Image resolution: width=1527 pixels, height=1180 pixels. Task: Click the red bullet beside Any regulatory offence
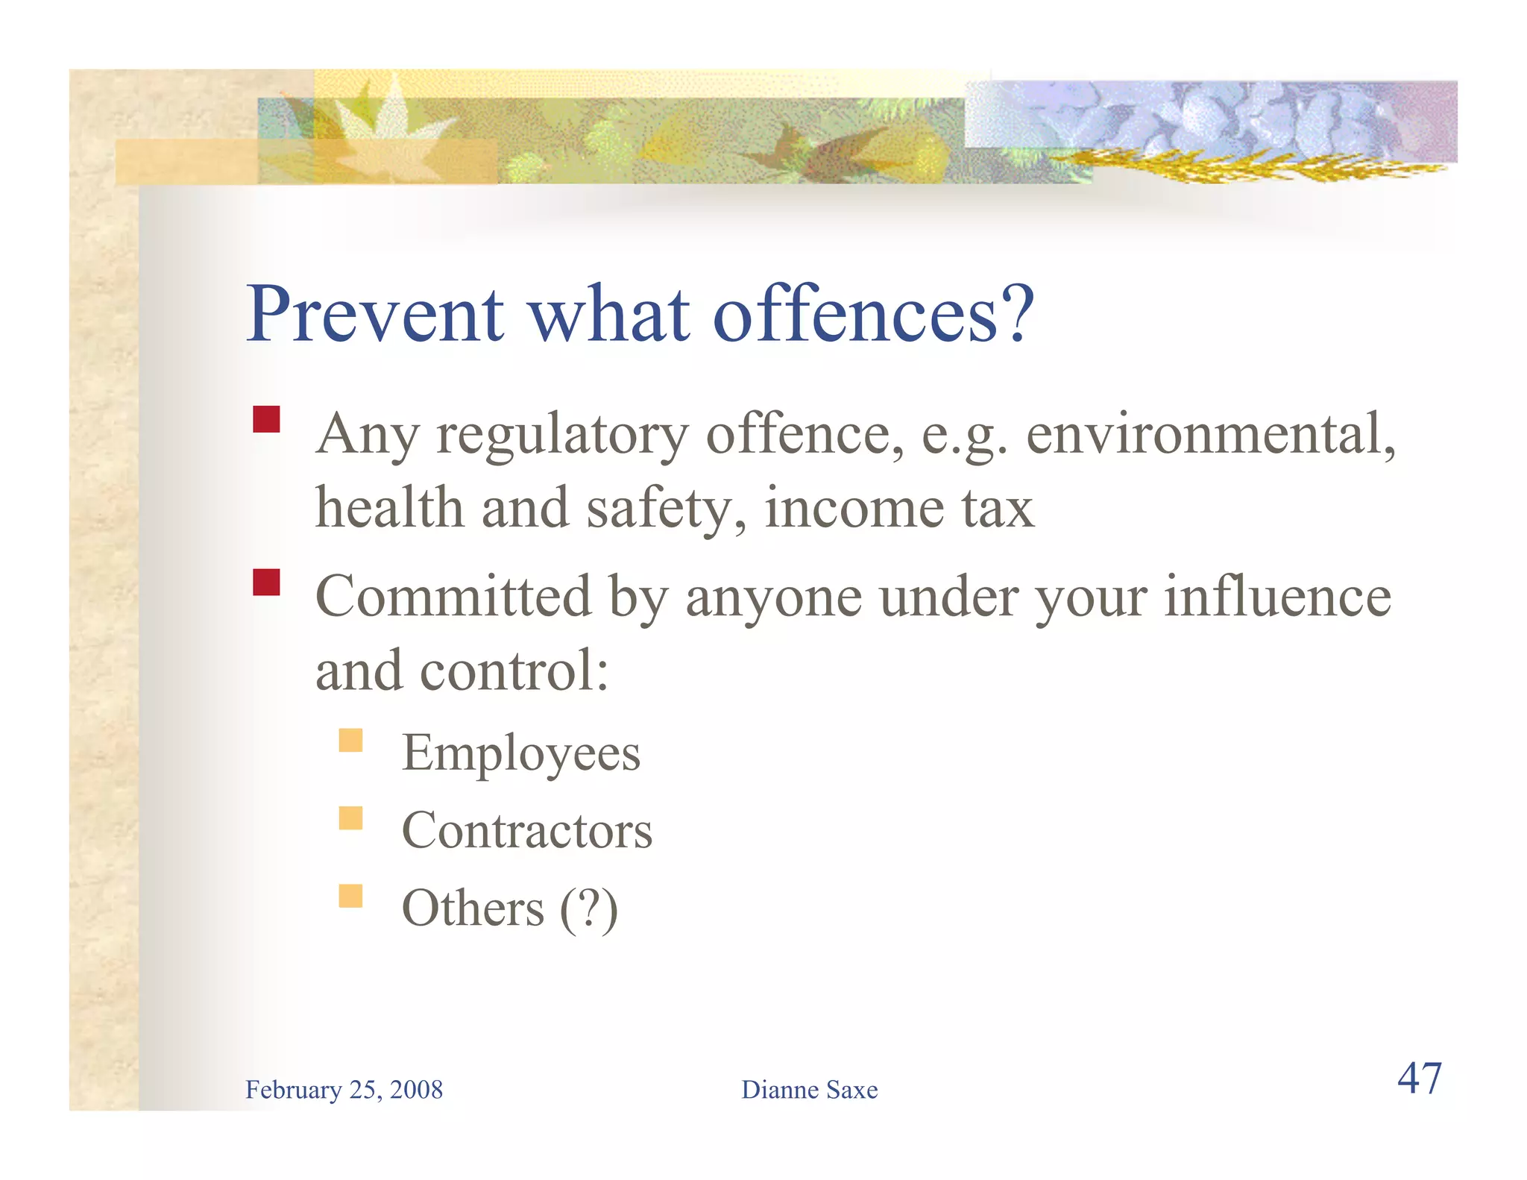tap(266, 419)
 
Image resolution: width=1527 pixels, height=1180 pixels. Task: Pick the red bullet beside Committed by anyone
tap(266, 582)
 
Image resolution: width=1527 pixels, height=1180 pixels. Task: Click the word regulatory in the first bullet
tap(562, 435)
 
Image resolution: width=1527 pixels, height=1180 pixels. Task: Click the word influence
tap(1277, 597)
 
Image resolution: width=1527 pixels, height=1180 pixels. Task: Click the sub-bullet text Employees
tap(520, 753)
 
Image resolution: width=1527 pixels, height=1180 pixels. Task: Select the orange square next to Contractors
tap(350, 818)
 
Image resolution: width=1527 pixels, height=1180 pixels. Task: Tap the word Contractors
tap(526, 831)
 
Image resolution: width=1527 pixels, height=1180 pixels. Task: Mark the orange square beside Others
tap(350, 896)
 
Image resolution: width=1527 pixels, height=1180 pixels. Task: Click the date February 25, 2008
tap(344, 1090)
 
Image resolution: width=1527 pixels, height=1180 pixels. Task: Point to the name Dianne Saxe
tap(809, 1090)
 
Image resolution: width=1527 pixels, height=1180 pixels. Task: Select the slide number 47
tap(1419, 1079)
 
